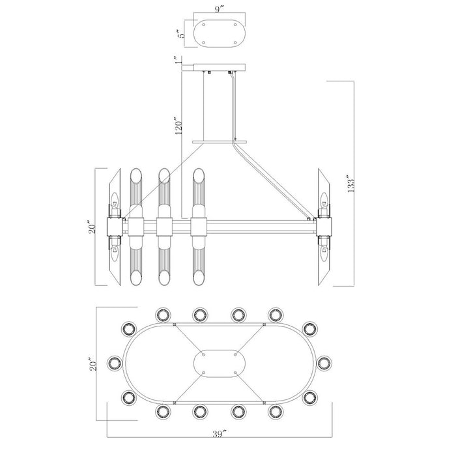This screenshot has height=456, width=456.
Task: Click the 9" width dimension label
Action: pos(220,9)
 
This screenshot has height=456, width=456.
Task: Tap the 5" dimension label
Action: pos(182,34)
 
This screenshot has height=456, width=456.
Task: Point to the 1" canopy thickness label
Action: pos(178,60)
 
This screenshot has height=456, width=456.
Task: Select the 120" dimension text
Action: pos(179,126)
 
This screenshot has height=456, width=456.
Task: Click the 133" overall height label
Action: pos(350,183)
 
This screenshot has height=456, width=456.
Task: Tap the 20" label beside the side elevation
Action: pos(93,228)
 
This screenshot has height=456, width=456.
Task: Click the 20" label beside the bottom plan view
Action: pos(93,364)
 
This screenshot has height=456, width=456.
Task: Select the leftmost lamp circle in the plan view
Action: pos(114,362)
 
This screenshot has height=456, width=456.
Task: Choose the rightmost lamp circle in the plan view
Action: pos(324,362)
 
